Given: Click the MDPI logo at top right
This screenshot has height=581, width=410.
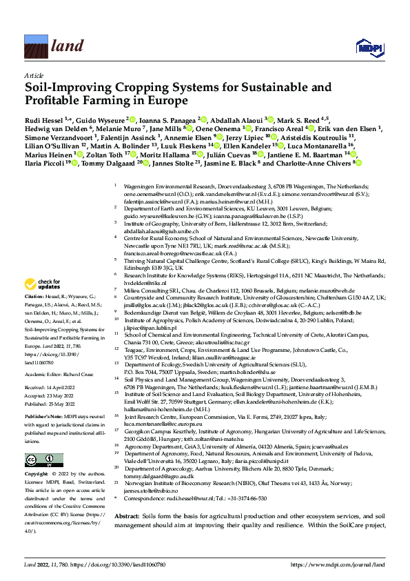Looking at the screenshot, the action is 367,46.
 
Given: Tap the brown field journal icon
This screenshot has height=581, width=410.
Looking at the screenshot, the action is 36,46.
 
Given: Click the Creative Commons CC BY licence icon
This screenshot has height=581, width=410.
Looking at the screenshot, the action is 40,460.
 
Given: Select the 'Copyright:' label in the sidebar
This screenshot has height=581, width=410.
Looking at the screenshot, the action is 37,475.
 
